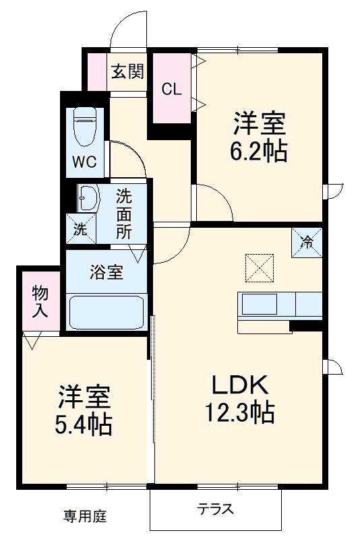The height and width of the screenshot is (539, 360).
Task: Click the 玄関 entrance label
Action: pos(127,71)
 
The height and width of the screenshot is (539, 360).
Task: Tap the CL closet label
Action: pos(171,89)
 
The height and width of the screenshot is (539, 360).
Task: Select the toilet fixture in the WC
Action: pos(86,127)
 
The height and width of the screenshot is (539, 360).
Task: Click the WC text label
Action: pos(85,162)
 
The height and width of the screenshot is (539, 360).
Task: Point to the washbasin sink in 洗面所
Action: pos(88,199)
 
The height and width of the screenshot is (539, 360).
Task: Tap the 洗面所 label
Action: pos(124,214)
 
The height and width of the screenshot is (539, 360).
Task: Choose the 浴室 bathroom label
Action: pos(107,273)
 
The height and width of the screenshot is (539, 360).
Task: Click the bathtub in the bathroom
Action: pos(107,312)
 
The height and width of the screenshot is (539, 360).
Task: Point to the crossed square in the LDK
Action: pos(260,267)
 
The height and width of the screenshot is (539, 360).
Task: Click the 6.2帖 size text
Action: pos(260,152)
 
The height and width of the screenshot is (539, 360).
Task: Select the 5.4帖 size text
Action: pos(84,423)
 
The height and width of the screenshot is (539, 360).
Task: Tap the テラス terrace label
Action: pos(216,509)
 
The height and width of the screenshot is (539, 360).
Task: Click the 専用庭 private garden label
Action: pos(85,517)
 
